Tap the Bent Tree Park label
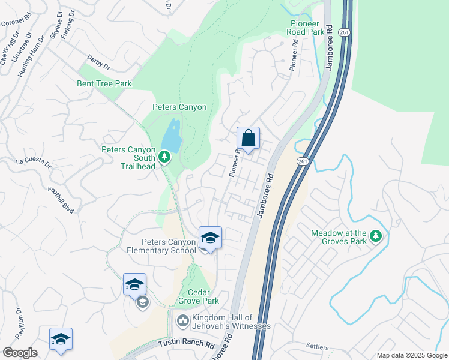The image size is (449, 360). [104, 84]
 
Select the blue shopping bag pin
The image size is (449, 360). [248, 140]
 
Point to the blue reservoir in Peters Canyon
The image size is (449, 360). [172, 136]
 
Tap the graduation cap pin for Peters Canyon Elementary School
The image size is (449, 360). [210, 239]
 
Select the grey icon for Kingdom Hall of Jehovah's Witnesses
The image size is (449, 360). [182, 322]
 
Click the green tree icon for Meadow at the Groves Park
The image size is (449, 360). [376, 236]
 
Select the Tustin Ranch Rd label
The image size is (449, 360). [187, 344]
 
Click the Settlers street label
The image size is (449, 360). [318, 346]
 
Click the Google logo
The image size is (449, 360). [19, 353]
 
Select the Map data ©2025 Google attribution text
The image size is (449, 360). [412, 355]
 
